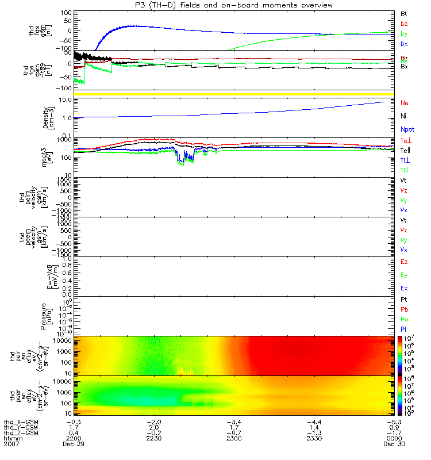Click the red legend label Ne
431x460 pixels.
coord(404,102)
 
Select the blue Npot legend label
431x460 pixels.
coord(406,131)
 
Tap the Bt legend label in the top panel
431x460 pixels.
coord(403,13)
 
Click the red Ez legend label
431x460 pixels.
coord(404,262)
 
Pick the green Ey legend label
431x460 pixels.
coord(404,275)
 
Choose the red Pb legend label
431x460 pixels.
coord(404,309)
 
